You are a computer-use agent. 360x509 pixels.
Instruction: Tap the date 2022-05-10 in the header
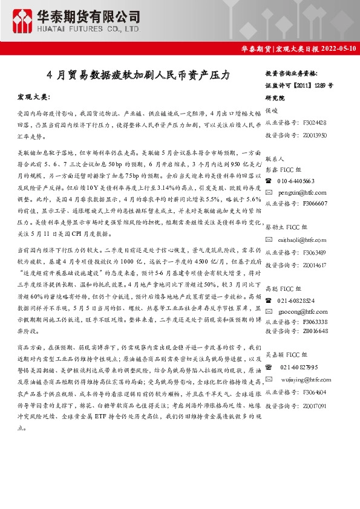pyautogui.click(x=336, y=49)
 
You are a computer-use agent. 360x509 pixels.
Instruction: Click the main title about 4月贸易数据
pyautogui.click(x=139, y=76)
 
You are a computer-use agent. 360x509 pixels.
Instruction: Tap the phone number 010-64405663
pyautogui.click(x=296, y=181)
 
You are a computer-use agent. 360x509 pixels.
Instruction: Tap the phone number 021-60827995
pyautogui.click(x=299, y=367)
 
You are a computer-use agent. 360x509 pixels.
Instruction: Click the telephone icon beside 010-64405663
pyautogui.click(x=269, y=181)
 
